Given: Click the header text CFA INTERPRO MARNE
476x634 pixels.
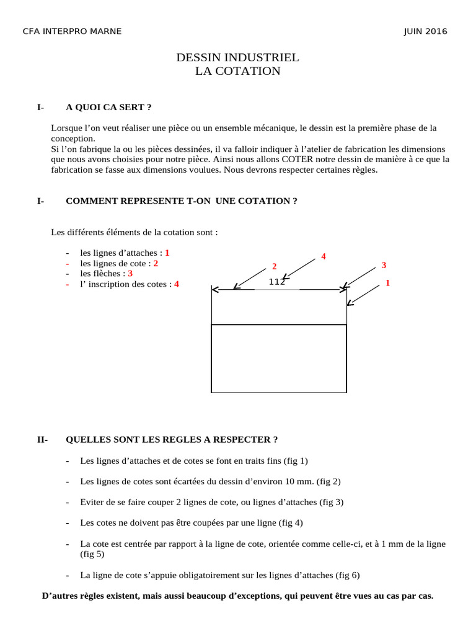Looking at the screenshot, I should click(72, 32).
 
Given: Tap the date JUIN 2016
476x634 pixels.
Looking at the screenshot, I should click(425, 32).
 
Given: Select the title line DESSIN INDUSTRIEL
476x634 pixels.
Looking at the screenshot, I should click(238, 58).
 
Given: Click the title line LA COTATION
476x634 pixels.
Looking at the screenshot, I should click(238, 71).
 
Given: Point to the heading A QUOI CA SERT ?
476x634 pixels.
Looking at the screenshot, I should click(108, 107).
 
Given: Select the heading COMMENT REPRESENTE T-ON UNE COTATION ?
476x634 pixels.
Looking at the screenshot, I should click(177, 201).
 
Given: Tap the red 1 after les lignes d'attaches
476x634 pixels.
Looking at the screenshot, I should click(167, 253).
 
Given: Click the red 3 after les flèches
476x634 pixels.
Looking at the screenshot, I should click(130, 273).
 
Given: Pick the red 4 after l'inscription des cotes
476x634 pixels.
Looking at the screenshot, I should click(177, 284).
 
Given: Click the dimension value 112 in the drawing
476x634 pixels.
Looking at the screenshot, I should click(276, 282).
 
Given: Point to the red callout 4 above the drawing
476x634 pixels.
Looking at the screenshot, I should click(324, 256).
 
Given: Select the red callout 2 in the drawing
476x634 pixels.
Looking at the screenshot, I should click(274, 267).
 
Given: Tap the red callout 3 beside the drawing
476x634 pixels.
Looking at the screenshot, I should click(384, 265).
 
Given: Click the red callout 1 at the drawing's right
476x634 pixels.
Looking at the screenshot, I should click(387, 283).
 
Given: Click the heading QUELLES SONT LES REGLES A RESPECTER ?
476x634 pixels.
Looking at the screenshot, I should click(172, 440).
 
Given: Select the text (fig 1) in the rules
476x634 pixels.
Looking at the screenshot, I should click(296, 461).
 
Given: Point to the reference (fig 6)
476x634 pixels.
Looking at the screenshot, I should click(347, 575).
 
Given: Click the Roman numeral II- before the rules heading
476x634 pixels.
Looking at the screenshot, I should click(42, 440).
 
